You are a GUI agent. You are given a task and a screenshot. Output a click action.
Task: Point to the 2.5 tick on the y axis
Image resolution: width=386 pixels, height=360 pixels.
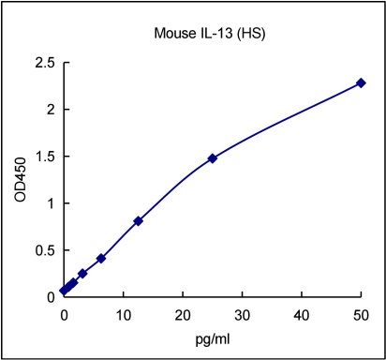point(45,63)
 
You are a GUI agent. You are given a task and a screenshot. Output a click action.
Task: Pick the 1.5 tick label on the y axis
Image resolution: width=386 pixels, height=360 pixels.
point(45,157)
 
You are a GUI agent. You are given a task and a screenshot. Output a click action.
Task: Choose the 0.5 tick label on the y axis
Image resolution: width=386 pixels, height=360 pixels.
point(45,250)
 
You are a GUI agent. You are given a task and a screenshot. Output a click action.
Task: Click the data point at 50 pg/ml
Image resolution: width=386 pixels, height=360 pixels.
point(361,83)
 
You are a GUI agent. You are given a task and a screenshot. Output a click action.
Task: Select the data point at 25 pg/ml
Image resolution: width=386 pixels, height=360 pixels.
point(213,158)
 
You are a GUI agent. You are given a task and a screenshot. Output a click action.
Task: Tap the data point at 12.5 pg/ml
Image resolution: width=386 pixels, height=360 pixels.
point(138,221)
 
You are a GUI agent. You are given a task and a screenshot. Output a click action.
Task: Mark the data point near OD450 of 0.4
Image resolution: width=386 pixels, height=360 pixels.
point(101,258)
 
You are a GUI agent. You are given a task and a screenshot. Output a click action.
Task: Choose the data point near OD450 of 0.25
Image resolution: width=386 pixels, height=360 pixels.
point(82,274)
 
